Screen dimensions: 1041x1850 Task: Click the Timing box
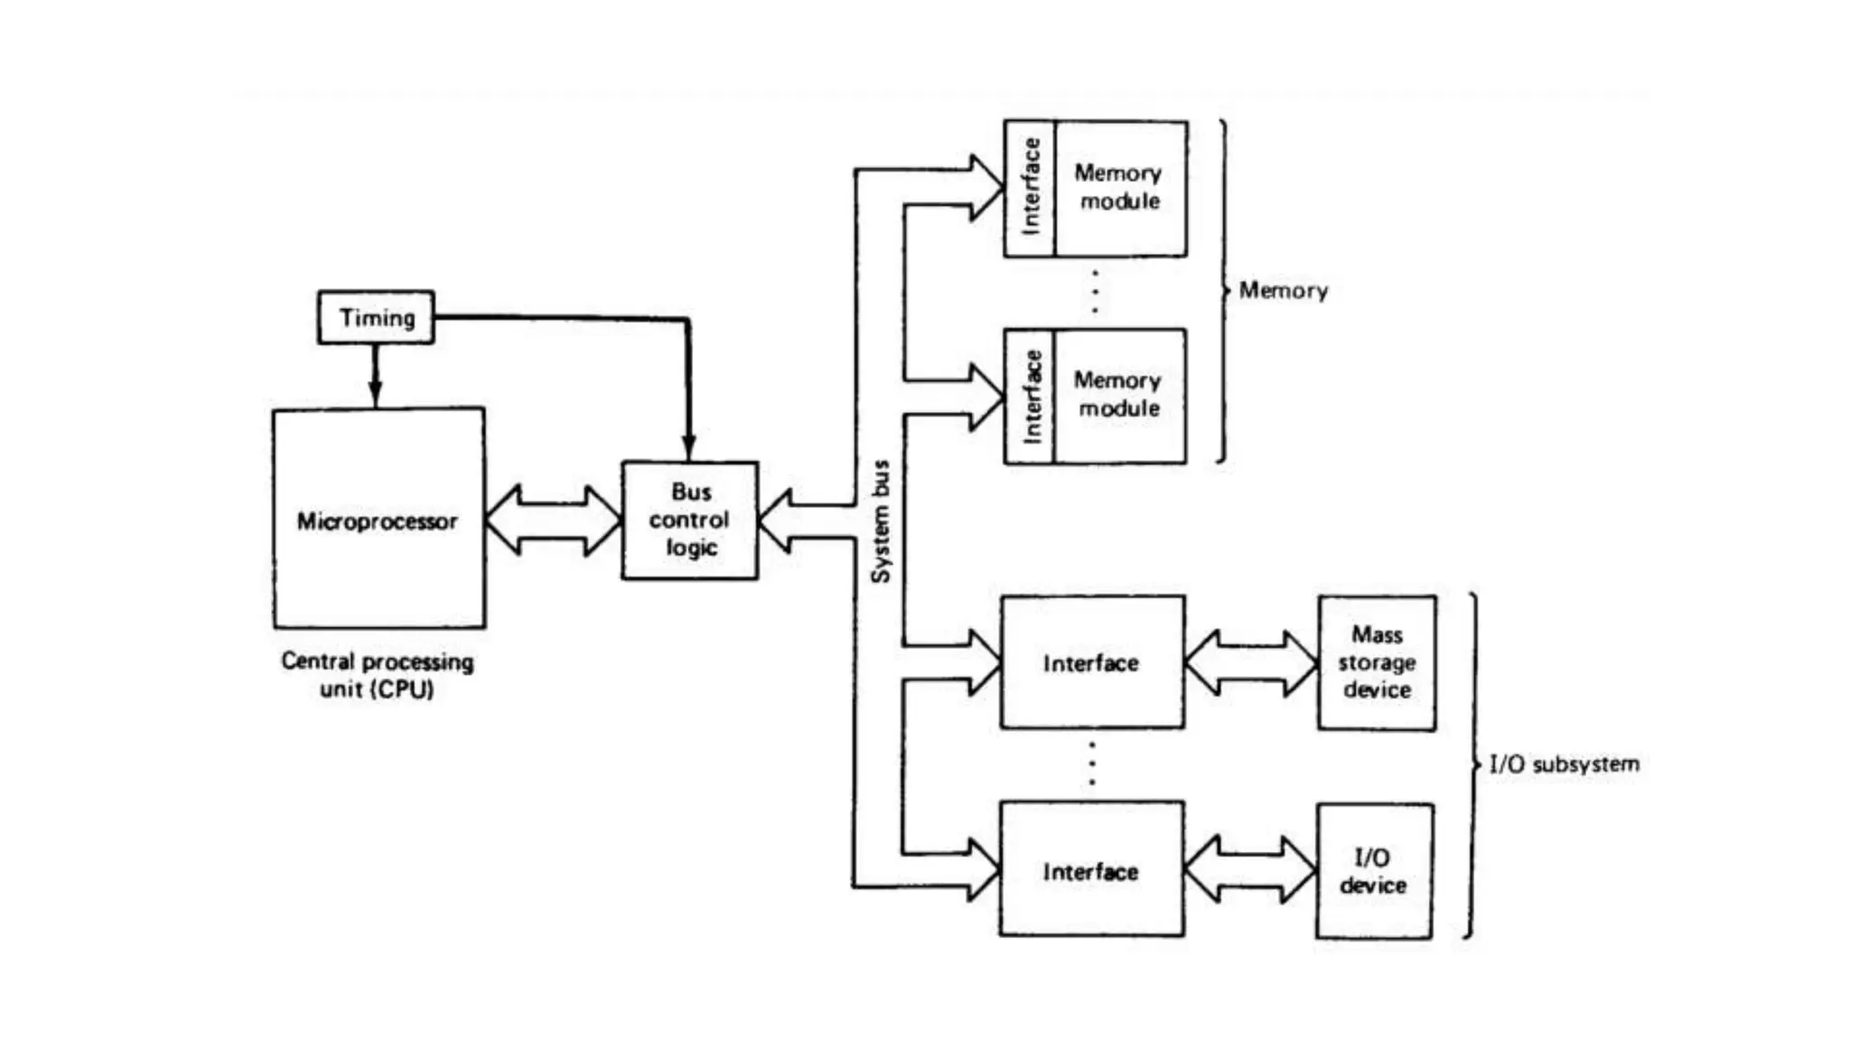click(x=376, y=317)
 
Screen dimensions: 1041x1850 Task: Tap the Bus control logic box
click(x=689, y=520)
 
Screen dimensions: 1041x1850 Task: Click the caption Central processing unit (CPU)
click(x=377, y=675)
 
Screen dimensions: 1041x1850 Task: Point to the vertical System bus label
click(x=881, y=521)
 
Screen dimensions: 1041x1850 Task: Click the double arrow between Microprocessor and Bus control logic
click(x=553, y=520)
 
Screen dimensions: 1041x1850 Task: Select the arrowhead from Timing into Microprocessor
click(x=375, y=393)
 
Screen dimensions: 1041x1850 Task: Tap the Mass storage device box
click(x=1376, y=662)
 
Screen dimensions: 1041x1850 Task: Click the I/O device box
click(x=1374, y=871)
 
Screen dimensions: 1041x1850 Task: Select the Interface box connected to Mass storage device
click(x=1091, y=662)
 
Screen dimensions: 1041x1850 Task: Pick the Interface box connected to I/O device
click(x=1091, y=870)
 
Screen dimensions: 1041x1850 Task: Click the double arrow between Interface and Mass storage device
click(x=1250, y=662)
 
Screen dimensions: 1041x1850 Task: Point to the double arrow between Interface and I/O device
click(x=1249, y=870)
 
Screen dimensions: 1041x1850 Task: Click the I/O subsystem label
click(x=1564, y=764)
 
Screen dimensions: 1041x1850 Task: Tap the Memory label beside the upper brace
click(x=1283, y=291)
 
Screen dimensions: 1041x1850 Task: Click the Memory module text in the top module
click(x=1119, y=187)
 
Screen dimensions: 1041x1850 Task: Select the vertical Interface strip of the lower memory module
click(x=1031, y=397)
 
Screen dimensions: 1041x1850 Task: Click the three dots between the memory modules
click(x=1095, y=291)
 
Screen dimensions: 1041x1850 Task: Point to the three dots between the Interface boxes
click(x=1092, y=764)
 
